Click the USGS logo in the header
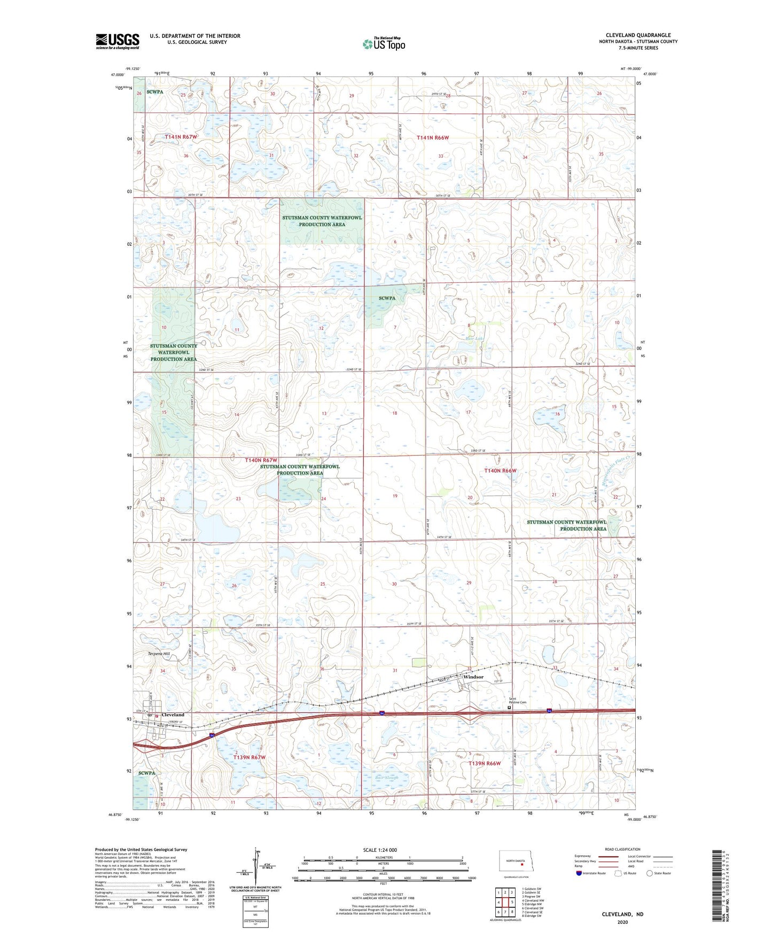[x=117, y=41]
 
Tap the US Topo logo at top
[x=384, y=44]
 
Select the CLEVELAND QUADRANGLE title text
[x=638, y=35]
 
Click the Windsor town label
[x=473, y=677]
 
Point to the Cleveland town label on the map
[x=173, y=714]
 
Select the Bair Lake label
[x=475, y=338]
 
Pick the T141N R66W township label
[x=433, y=138]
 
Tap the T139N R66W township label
[x=485, y=764]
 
